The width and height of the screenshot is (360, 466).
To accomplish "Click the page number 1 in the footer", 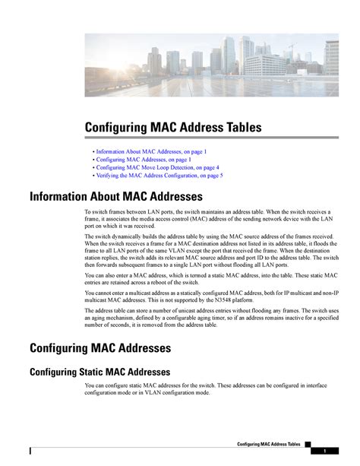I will coord(324,452).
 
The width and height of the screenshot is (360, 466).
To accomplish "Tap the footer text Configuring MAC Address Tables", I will coord(269,443).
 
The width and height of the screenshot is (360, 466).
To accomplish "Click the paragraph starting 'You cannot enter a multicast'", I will coord(210,296).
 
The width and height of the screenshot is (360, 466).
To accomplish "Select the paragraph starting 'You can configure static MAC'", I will coord(212,389).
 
